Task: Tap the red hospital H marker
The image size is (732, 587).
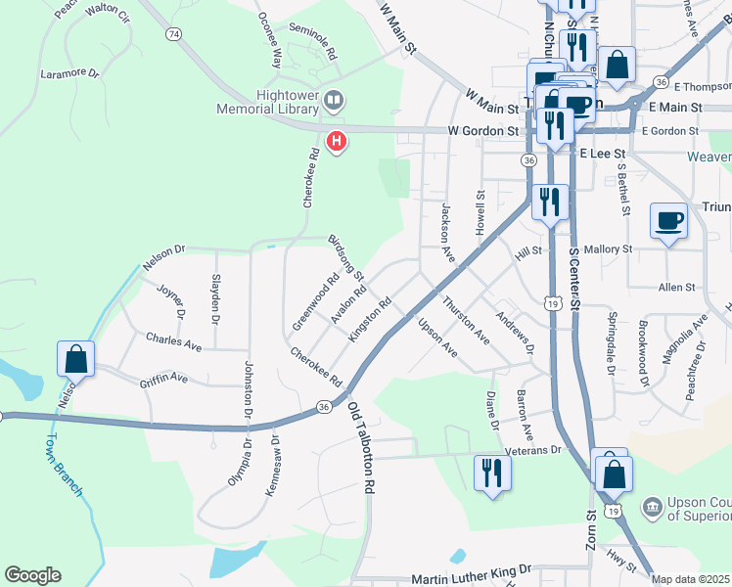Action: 337,143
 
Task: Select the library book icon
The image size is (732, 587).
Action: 334,100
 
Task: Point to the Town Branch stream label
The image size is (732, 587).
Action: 67,463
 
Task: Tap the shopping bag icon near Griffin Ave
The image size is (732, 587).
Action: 76,360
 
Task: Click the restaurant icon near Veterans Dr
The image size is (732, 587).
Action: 491,473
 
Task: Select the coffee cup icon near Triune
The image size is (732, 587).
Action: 669,221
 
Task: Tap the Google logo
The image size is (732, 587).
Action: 32,575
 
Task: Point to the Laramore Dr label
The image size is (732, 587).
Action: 70,72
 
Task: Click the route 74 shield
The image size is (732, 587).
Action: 173,34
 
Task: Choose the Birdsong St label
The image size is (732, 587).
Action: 345,257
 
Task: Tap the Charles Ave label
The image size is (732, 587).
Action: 173,344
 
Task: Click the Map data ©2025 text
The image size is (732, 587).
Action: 691,579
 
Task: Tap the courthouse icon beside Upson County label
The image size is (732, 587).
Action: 652,506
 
